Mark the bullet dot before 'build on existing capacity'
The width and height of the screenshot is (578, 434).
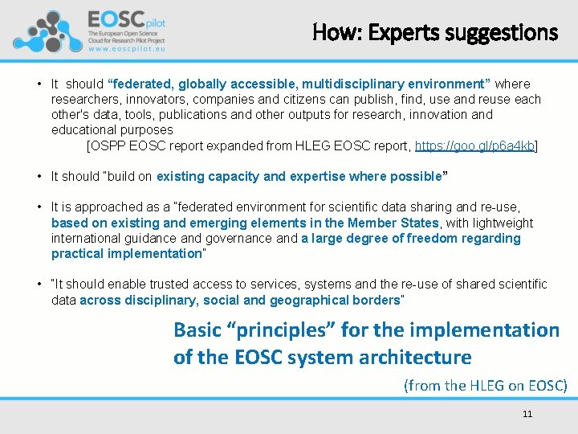(x=39, y=176)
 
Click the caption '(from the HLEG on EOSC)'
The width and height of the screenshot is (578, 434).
(x=485, y=385)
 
